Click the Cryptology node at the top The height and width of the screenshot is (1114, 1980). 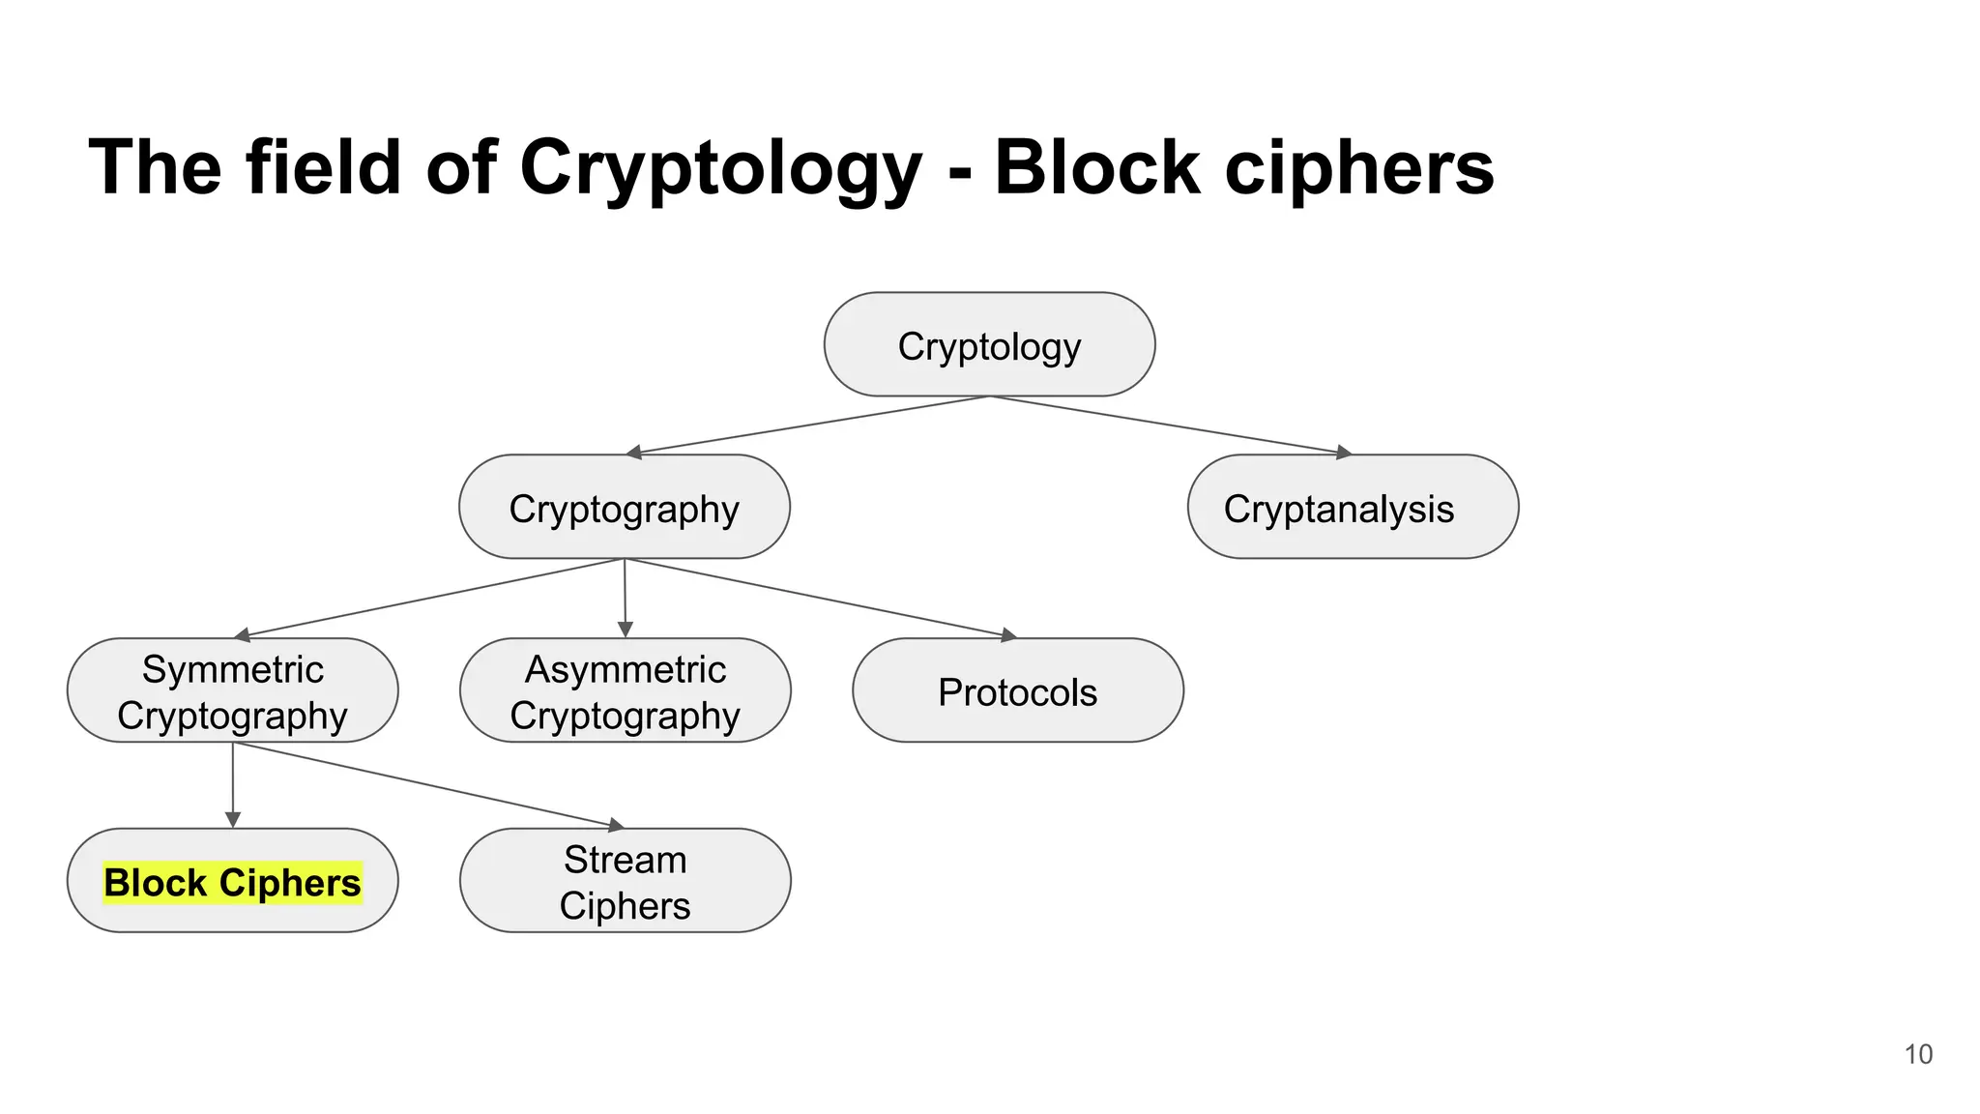tap(989, 345)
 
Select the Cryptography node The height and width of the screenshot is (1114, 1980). tap(624, 508)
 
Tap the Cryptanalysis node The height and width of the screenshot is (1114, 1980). tap(1352, 508)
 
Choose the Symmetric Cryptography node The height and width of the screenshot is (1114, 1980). tap(232, 691)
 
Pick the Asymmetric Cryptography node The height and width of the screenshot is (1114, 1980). tap(625, 691)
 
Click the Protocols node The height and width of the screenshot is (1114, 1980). tap(1017, 691)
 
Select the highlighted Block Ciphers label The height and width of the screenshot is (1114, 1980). tap(232, 882)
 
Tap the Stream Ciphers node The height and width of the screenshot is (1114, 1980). tap(625, 881)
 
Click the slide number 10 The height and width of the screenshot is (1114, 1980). tap(1918, 1054)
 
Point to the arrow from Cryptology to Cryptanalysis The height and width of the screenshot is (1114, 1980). tap(1170, 425)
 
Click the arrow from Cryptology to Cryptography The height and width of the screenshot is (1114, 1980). tap(807, 425)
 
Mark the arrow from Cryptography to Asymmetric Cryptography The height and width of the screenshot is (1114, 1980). tap(625, 598)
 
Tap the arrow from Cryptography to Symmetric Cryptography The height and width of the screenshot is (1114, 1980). tap(430, 598)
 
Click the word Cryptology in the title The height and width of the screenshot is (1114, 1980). tap(720, 169)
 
